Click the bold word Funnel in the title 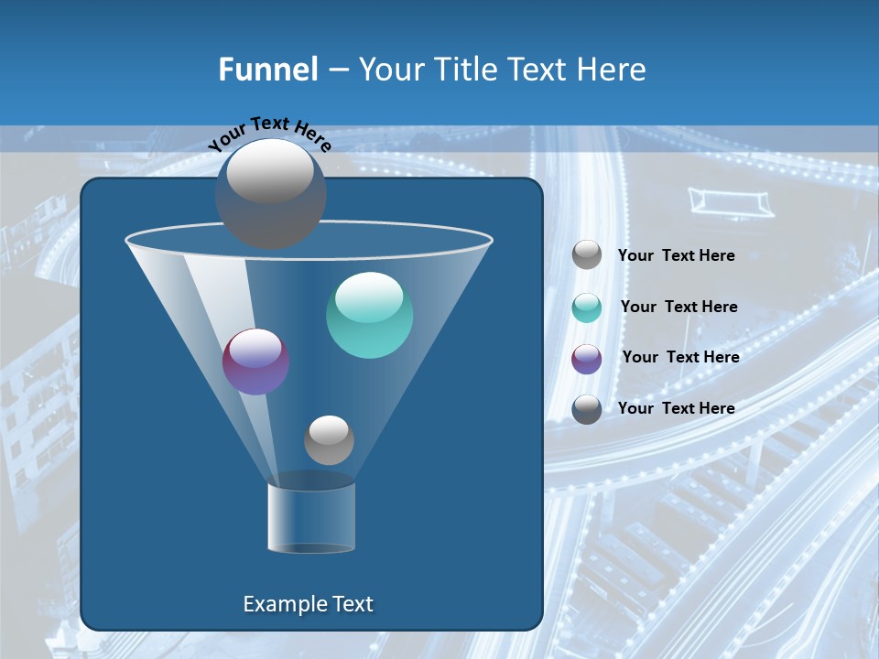point(267,70)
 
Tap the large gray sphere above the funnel point(270,194)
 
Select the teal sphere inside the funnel point(369,316)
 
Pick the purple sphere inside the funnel point(256,362)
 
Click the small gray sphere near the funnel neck point(329,440)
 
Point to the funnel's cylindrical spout point(311,517)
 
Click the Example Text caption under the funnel point(308,604)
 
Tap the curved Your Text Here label point(269,134)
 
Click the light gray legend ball point(587,255)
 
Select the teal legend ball point(587,308)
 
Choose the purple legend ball point(587,359)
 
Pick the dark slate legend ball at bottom point(587,409)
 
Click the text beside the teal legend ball point(678,308)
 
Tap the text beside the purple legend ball point(680,358)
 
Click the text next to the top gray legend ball point(676,256)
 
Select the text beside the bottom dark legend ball point(676,409)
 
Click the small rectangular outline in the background point(731,201)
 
